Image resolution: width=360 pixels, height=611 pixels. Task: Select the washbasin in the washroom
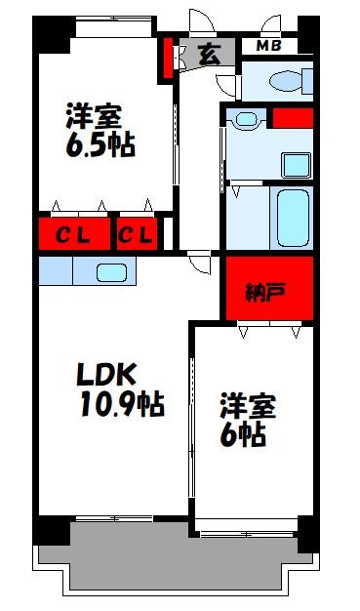click(x=244, y=121)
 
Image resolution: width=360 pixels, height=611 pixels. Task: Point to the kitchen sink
click(x=110, y=272)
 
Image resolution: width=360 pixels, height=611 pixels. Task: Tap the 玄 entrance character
click(x=209, y=55)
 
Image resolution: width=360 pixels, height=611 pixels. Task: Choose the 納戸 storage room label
click(x=269, y=290)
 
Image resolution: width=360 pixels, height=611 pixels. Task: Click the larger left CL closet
click(x=73, y=235)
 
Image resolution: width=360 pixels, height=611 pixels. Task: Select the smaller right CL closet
click(x=137, y=235)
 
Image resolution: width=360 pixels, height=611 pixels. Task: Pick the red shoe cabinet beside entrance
click(x=168, y=58)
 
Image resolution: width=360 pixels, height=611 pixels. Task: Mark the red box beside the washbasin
click(x=293, y=118)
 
